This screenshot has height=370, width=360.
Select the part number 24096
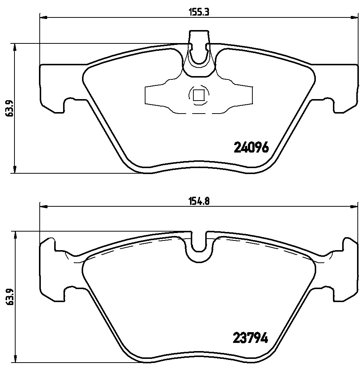251,148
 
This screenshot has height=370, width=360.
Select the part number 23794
251,338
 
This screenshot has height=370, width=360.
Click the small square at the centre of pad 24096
199,95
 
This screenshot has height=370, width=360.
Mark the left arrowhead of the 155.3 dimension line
43,17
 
